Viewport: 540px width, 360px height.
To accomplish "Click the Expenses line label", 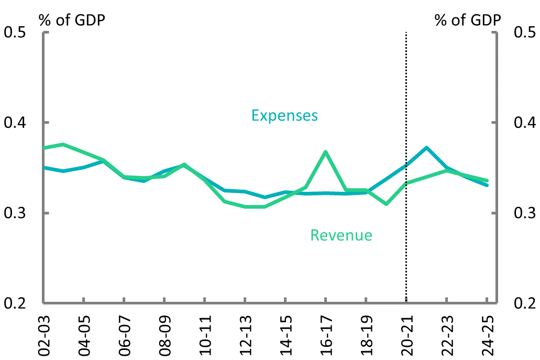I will [284, 115].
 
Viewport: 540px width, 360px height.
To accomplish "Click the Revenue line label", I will [341, 235].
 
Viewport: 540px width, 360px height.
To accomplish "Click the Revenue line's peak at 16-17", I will [326, 152].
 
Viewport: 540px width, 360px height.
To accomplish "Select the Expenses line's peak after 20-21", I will [427, 148].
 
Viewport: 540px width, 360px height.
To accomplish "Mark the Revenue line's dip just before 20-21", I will [387, 204].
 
